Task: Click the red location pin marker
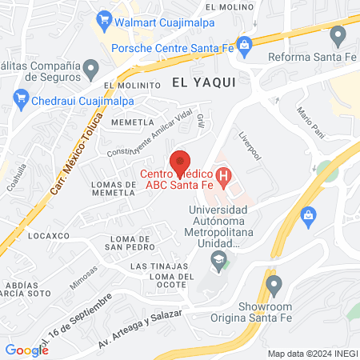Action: click(x=180, y=161)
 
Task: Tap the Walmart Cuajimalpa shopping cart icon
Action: click(x=103, y=18)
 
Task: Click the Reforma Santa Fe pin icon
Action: click(x=338, y=34)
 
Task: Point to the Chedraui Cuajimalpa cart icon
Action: click(x=20, y=99)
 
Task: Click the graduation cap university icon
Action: click(x=216, y=260)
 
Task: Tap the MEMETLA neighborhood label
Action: click(x=132, y=122)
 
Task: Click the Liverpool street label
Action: click(x=250, y=146)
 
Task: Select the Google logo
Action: click(x=26, y=350)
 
